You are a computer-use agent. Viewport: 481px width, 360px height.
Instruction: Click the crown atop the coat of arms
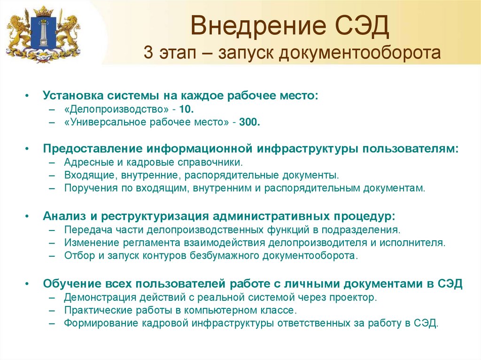coord(44,12)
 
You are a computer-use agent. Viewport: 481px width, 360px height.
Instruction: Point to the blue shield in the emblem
coord(44,33)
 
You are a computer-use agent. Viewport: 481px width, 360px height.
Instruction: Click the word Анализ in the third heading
coord(64,216)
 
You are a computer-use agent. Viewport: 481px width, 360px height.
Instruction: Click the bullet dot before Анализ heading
coord(27,216)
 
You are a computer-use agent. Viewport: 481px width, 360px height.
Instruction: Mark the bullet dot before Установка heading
coord(27,96)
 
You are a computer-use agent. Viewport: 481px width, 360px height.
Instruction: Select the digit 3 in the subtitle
coord(148,53)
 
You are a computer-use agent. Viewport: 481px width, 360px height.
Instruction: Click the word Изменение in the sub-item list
coord(92,243)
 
